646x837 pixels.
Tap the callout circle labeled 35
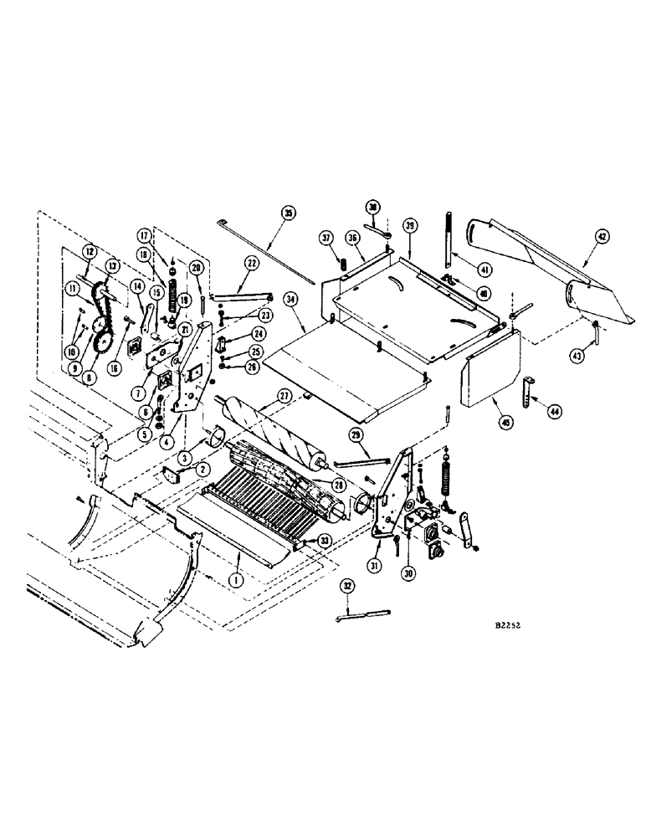(288, 213)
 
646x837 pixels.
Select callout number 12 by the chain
(90, 250)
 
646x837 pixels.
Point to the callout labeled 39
(410, 226)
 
